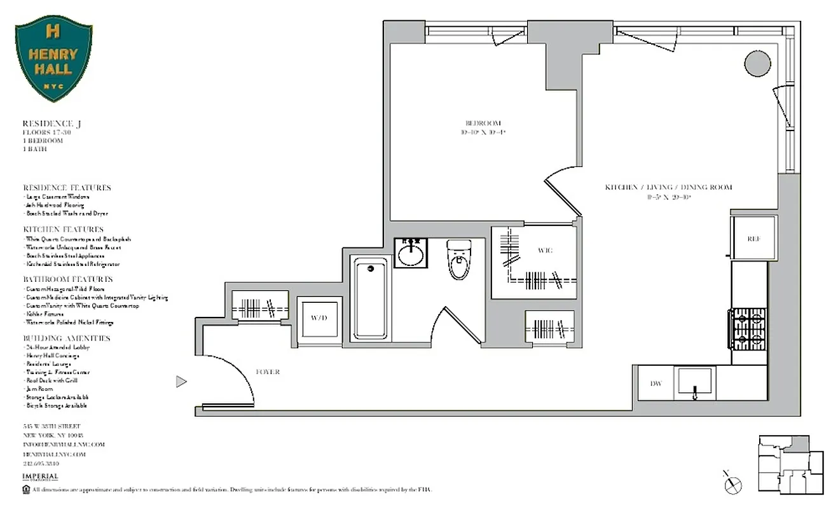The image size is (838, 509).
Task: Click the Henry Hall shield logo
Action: [x=53, y=58]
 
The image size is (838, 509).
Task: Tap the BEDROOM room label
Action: [x=483, y=123]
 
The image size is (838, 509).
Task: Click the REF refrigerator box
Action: [x=753, y=239]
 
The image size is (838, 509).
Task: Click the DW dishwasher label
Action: [x=656, y=384]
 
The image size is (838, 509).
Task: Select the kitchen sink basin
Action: [x=696, y=382]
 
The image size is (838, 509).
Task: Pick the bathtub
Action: [x=371, y=299]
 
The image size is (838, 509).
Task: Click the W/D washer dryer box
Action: [x=319, y=317]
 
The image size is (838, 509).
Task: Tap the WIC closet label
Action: [x=544, y=250]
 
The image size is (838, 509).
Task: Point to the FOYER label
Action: [x=267, y=372]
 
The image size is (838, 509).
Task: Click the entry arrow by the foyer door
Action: [x=181, y=382]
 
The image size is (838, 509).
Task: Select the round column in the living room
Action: [x=757, y=63]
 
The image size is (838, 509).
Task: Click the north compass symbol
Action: [x=733, y=483]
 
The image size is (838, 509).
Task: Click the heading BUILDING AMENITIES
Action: [x=67, y=338]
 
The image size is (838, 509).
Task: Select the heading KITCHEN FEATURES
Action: [x=63, y=229]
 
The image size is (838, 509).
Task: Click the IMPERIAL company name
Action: [x=40, y=477]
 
